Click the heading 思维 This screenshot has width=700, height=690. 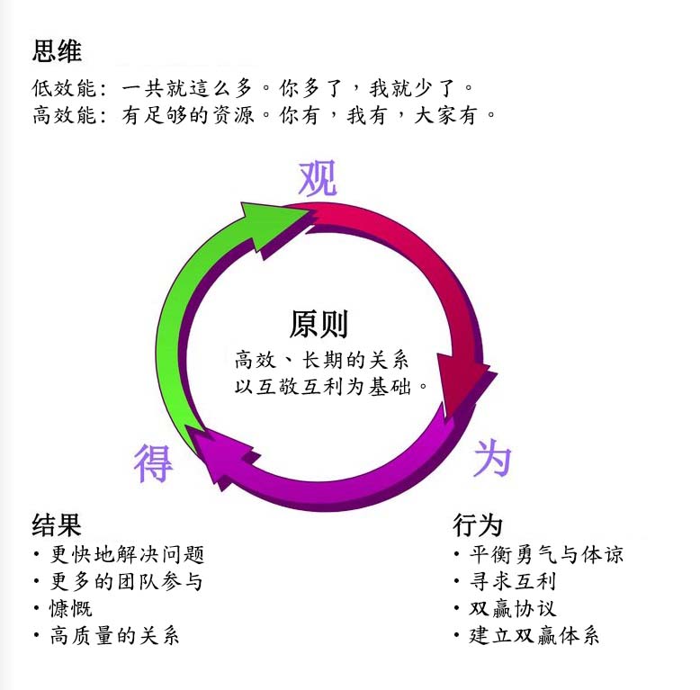[x=57, y=51]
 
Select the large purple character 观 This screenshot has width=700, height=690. [x=318, y=178]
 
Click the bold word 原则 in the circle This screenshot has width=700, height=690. [x=319, y=324]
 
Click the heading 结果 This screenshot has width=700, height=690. [x=57, y=524]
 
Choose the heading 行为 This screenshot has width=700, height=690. [x=477, y=524]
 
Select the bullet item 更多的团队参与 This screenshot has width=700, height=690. [x=127, y=581]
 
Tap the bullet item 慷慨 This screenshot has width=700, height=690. [x=71, y=608]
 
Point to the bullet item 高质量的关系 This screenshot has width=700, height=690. [x=115, y=635]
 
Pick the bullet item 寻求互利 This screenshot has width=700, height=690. [x=513, y=581]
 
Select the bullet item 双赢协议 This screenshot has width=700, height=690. [x=513, y=608]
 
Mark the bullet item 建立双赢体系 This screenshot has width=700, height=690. [x=534, y=635]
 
